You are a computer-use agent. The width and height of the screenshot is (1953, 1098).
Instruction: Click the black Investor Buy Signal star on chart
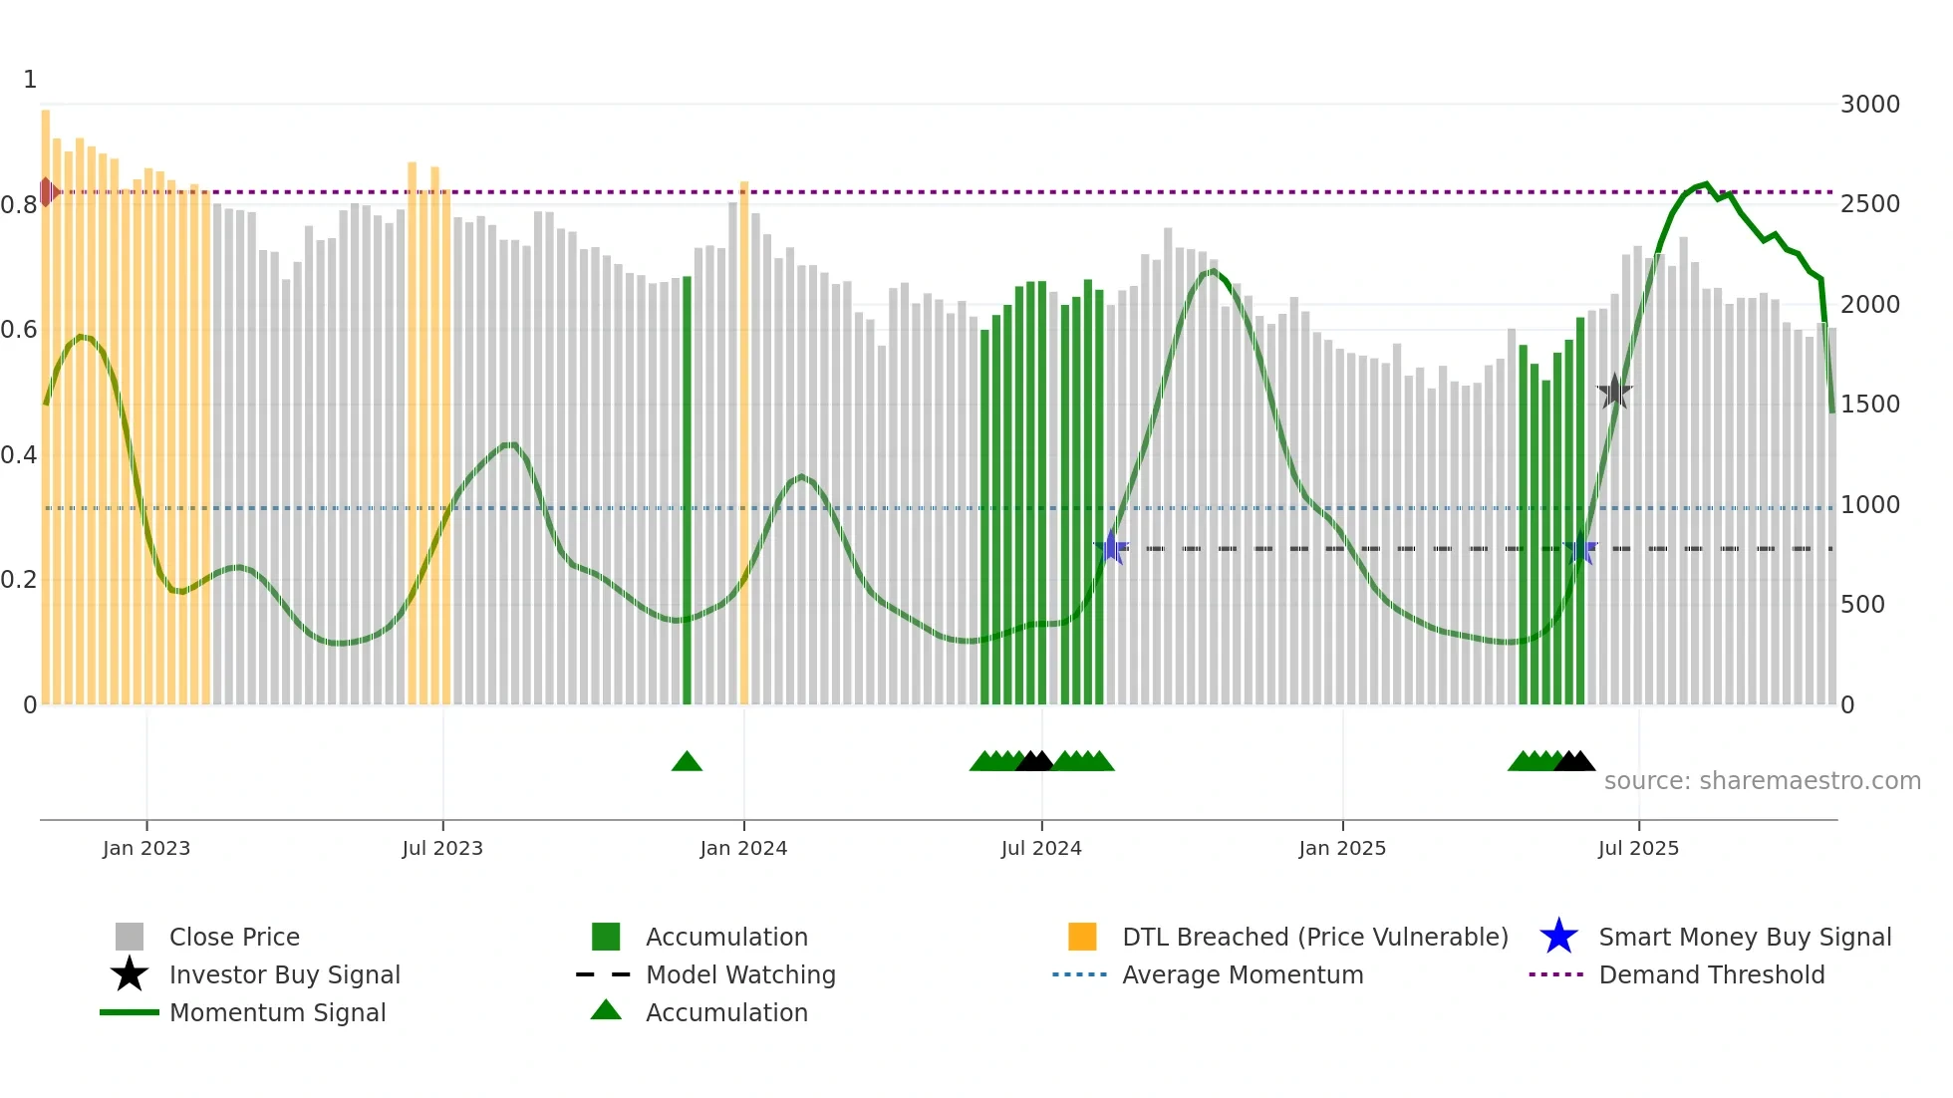tap(1614, 392)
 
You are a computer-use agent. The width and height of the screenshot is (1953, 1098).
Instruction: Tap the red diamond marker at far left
tap(47, 191)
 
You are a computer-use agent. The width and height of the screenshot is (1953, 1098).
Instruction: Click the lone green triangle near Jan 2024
tap(687, 762)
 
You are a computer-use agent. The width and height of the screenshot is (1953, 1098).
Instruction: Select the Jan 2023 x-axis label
tap(146, 848)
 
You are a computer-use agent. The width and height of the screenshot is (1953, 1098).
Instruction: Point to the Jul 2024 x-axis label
tap(1041, 848)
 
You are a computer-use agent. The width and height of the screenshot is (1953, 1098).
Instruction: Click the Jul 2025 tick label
tap(1638, 848)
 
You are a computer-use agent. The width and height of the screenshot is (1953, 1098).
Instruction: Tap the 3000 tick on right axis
tap(1869, 105)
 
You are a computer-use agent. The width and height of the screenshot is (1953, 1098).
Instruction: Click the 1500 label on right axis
tap(1869, 405)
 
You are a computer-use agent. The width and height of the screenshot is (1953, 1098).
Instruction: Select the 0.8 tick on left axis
tap(19, 205)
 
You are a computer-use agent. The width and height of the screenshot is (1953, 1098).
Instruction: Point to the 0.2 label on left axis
tap(19, 580)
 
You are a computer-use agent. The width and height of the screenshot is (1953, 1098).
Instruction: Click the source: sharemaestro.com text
tap(1762, 781)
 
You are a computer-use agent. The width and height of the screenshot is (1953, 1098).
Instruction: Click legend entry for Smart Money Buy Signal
tap(1744, 938)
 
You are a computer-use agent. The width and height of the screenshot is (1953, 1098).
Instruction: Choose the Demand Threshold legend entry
tap(1711, 975)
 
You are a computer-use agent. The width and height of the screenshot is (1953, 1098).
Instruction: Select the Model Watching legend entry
tap(739, 975)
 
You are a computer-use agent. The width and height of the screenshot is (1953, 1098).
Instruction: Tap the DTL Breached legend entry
tap(1314, 938)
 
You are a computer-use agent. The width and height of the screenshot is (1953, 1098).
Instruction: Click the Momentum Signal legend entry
tap(277, 1013)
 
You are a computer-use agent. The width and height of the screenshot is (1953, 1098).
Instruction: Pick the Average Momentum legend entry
tap(1242, 975)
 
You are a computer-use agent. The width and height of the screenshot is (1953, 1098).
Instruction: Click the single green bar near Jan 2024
tap(687, 488)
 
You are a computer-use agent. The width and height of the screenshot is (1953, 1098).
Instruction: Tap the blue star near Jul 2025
tap(1580, 548)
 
